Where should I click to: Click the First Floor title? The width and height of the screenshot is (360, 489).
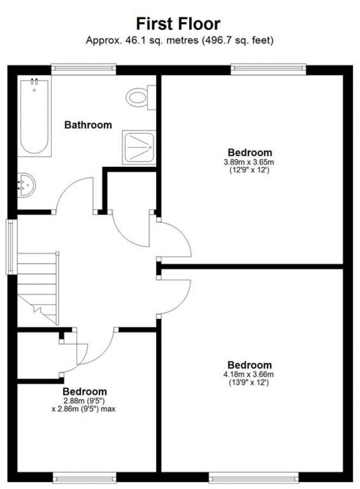pyautogui.click(x=178, y=23)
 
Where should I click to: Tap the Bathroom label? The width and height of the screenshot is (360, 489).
pyautogui.click(x=88, y=125)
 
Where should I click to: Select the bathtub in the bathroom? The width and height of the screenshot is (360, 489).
pyautogui.click(x=35, y=116)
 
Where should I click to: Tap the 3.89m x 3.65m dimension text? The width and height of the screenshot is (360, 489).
pyautogui.click(x=250, y=162)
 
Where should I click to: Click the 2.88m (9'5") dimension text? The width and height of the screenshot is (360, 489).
pyautogui.click(x=84, y=400)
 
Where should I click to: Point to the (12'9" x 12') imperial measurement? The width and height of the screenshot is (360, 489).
pyautogui.click(x=250, y=170)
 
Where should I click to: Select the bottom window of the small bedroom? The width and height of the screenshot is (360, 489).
pyautogui.click(x=84, y=478)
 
